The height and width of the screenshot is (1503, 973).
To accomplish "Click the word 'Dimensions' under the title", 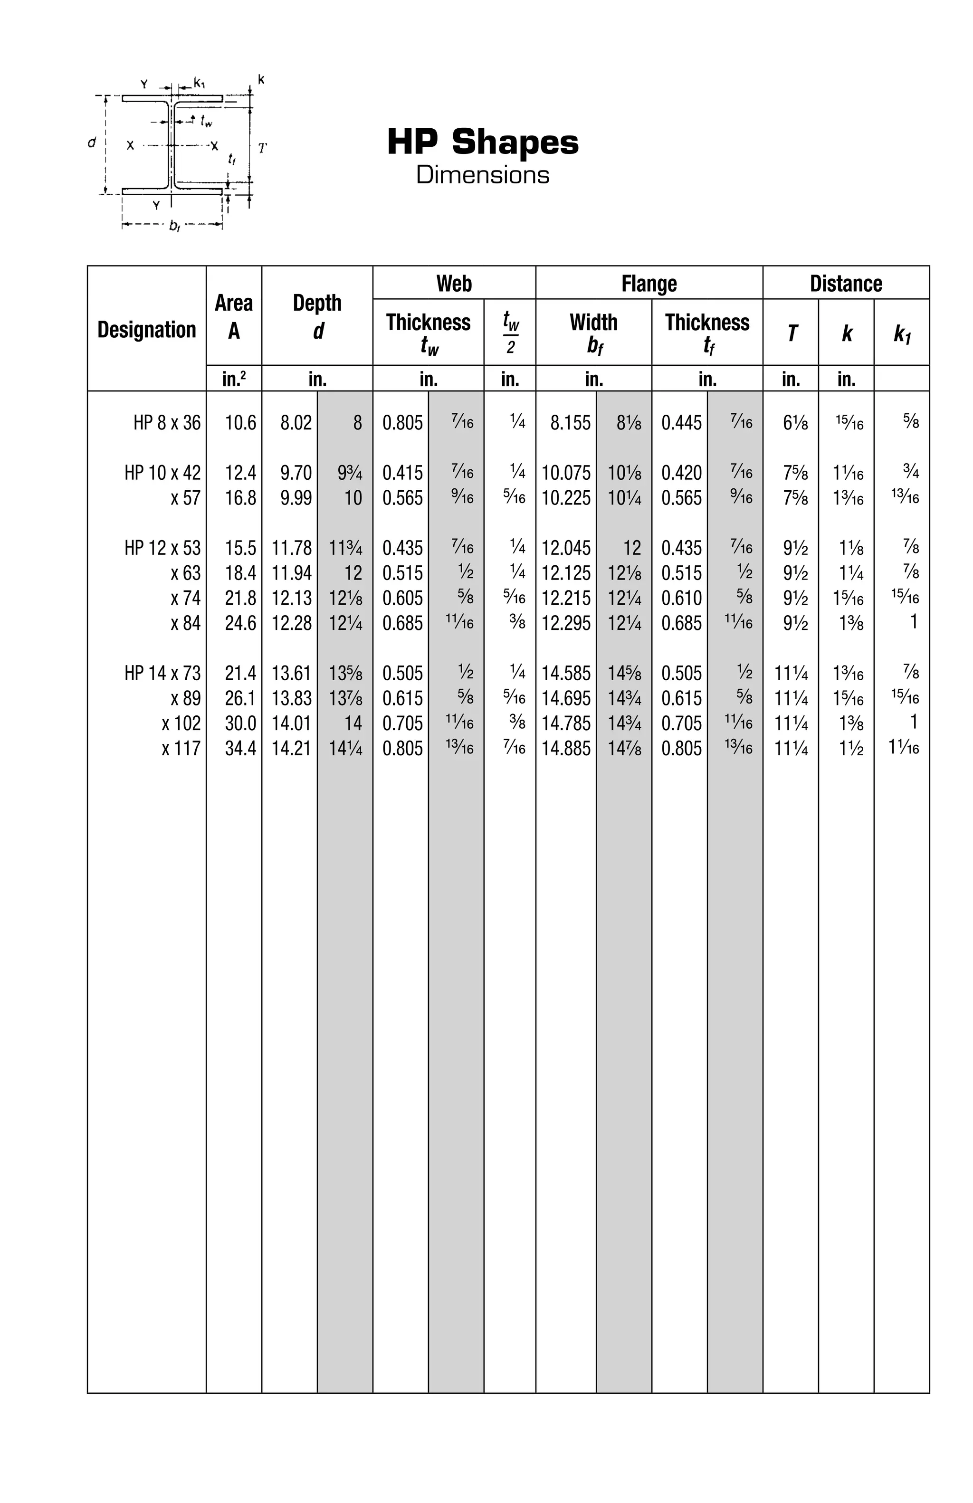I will [482, 174].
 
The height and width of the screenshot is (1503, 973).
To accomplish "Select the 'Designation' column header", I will [146, 330].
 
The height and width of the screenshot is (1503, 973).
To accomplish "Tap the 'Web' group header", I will [453, 283].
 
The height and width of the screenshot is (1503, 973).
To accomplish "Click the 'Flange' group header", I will [649, 283].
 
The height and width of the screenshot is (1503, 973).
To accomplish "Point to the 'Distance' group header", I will [846, 283].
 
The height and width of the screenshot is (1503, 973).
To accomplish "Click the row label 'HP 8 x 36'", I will [167, 422].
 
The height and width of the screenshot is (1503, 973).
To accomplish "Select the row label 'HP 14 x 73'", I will [162, 673].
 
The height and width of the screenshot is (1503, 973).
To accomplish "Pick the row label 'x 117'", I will [181, 748].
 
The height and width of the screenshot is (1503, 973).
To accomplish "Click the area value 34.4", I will [240, 748].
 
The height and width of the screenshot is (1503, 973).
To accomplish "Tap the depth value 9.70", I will [296, 472].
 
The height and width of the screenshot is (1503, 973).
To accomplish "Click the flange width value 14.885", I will [566, 748].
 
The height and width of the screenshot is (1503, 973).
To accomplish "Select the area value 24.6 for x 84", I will [240, 623].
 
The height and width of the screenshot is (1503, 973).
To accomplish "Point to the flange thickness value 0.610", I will [681, 598].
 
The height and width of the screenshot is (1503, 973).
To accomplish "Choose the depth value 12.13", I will [291, 598].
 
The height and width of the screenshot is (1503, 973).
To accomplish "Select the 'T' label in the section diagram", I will [262, 148].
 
